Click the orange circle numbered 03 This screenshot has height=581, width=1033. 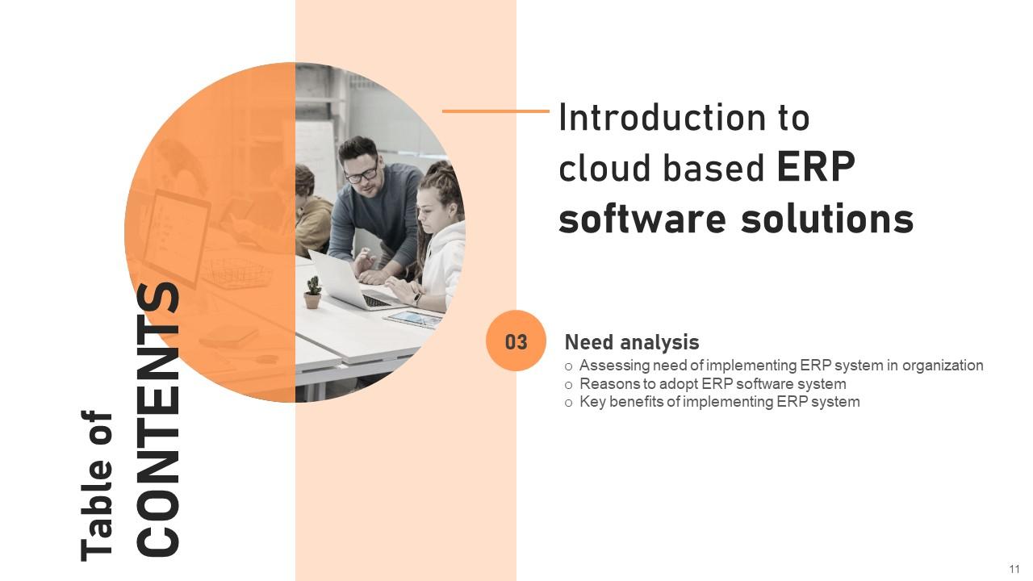[516, 341]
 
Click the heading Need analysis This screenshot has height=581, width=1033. [631, 342]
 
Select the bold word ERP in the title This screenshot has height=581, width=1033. [815, 168]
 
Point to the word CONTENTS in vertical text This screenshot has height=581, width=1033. [159, 420]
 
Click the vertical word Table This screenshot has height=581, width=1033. [98, 520]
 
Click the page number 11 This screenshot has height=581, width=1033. [1014, 570]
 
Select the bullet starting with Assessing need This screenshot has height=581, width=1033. [780, 366]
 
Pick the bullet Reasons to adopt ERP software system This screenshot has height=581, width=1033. [712, 384]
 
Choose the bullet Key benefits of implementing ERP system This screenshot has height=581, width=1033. [719, 402]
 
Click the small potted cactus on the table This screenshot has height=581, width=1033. [312, 292]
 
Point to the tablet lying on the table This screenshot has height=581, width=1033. [413, 320]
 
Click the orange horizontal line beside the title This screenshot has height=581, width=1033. [496, 111]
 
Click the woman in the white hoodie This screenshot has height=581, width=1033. [440, 250]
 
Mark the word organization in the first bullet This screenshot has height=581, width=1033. [943, 366]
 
